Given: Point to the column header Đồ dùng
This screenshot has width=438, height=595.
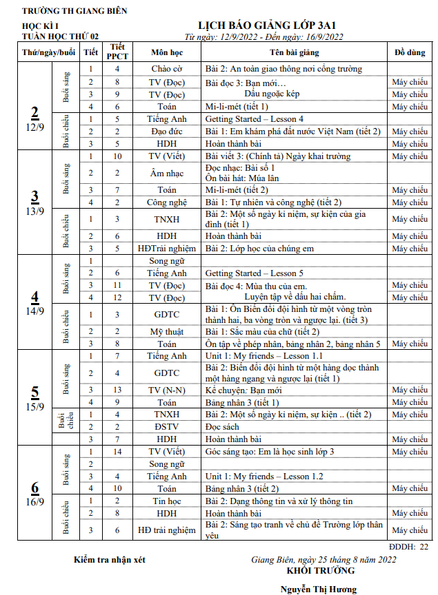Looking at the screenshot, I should (409, 52).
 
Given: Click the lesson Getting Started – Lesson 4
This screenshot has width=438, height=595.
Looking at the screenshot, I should (254, 118).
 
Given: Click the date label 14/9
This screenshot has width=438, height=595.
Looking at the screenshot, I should (35, 311).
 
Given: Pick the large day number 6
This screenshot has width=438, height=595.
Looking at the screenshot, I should (35, 488).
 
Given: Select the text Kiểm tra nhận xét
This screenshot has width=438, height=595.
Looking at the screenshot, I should (110, 559).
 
